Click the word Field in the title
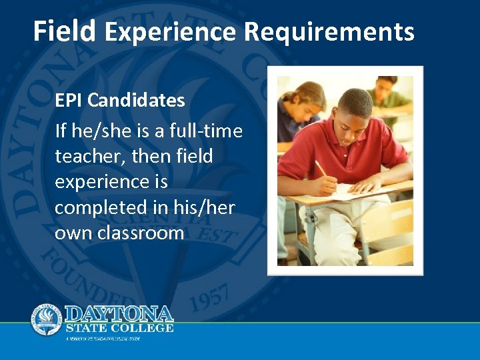pos(65,31)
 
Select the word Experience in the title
pos(171,31)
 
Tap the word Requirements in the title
pos(329,32)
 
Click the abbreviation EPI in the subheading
pos(69,101)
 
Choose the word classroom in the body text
pos(140,233)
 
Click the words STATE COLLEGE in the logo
pos(119,328)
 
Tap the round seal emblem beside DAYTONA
pos(47,320)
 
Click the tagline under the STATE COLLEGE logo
pos(103,339)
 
